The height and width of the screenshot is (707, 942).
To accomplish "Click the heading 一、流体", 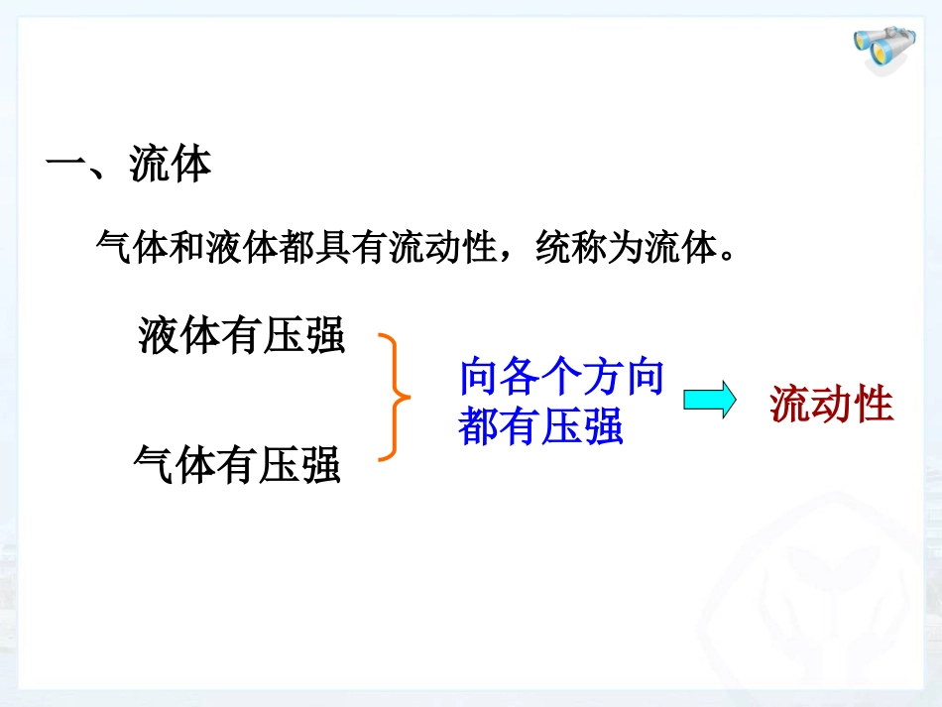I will coord(129,165).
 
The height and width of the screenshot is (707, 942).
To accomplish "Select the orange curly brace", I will coord(395,398).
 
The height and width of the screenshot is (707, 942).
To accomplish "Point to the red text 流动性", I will coord(832,405).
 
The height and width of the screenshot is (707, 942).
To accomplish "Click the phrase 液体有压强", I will coord(242,335).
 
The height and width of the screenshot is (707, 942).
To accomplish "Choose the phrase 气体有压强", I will coord(237,464).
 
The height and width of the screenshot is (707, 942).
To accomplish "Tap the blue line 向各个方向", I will coord(561,378).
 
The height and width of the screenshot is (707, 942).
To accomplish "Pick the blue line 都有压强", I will coord(540,427).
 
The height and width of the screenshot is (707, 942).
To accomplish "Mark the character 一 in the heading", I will coord(66,165).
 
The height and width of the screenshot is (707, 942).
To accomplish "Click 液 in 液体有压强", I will coord(160,335).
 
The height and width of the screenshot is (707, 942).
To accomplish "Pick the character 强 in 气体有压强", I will coord(320,464).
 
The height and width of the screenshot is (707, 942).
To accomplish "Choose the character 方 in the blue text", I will coord(603,378).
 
